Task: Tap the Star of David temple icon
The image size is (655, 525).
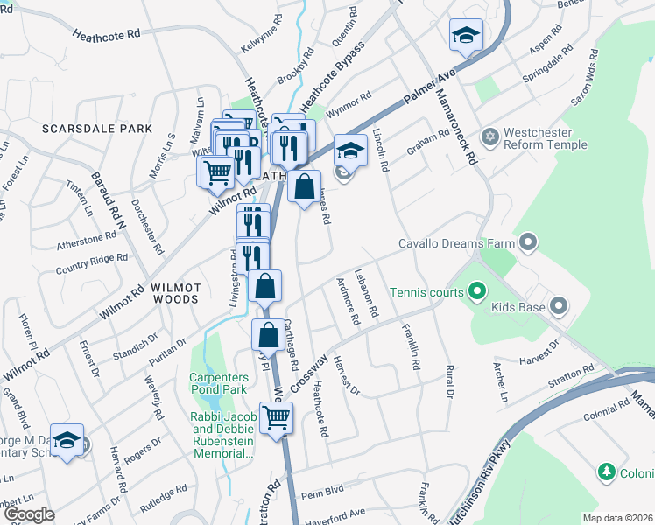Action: coord(490,137)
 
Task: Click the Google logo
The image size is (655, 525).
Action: coord(30,514)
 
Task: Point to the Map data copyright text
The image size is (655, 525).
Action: coord(617,517)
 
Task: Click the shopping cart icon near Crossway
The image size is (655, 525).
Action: coord(277,419)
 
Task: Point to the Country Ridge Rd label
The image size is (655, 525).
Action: coord(91,264)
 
